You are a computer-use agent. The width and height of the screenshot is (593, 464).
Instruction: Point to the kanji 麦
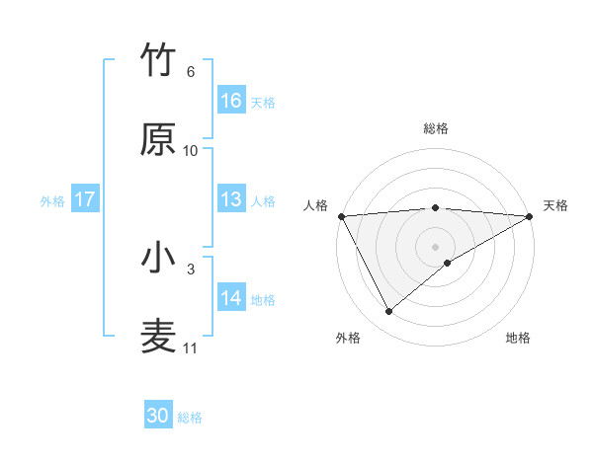click(x=159, y=336)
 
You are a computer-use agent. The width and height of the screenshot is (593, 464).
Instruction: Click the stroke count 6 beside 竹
click(x=190, y=72)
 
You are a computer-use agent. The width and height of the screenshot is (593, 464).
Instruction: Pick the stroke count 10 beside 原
click(x=191, y=151)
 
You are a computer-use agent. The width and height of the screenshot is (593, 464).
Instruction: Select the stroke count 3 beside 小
click(x=190, y=269)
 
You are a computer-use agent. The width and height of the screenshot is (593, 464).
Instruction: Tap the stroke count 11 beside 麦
click(x=191, y=348)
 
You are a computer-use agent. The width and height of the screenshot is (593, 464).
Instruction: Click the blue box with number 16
click(x=231, y=101)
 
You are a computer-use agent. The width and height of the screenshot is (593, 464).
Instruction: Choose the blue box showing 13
click(x=231, y=199)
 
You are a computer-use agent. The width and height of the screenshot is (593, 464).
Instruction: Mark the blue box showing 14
click(x=231, y=298)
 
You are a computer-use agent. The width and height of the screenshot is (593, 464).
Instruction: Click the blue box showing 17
click(x=85, y=199)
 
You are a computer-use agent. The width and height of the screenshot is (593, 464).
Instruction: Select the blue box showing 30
click(x=158, y=416)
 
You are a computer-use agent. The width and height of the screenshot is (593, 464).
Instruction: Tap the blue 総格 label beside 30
click(x=190, y=418)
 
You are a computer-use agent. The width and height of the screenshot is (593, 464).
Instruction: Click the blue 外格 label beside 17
click(x=52, y=201)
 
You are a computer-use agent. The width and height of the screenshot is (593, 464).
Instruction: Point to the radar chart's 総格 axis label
click(x=435, y=128)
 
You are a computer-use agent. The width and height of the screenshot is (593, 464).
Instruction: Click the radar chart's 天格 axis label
click(x=555, y=205)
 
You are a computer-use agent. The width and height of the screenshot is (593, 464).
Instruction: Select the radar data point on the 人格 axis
click(x=341, y=216)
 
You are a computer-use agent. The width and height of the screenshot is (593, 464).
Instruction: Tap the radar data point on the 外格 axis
click(x=388, y=312)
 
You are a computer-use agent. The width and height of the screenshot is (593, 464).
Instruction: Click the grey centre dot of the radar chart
click(x=435, y=246)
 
